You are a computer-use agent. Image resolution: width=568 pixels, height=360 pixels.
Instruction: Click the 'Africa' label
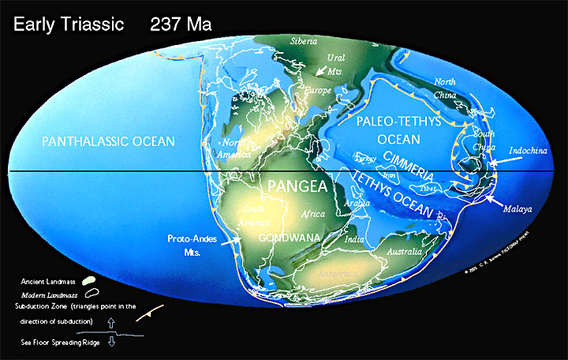point(315,213)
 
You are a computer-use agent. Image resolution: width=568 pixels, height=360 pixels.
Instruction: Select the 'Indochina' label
point(529,148)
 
